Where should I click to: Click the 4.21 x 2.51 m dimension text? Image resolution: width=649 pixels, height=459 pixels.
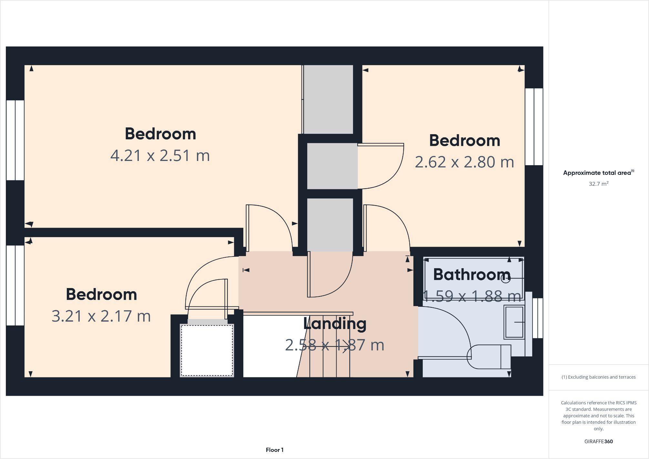pos(160,155)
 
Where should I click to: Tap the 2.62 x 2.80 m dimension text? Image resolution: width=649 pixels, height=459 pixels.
pos(464,162)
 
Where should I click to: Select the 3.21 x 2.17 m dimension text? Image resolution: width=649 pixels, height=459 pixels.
pos(101,316)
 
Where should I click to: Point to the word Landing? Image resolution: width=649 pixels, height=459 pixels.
pos(335,324)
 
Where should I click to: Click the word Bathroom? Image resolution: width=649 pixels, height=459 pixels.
pos(472,274)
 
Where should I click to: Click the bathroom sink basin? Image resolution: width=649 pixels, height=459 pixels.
pos(514,322)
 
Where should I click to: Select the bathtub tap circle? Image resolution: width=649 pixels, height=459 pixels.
pos(506,278)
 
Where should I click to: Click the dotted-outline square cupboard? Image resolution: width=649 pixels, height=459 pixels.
pos(207,350)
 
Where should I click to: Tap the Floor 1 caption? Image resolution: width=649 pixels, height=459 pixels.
pos(275,450)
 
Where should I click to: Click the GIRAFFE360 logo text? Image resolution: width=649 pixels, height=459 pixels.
pos(599,442)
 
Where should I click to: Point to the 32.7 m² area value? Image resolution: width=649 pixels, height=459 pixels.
pos(599,184)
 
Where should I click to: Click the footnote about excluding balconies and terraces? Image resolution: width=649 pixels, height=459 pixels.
pos(599,377)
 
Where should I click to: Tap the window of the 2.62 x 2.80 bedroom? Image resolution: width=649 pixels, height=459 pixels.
pos(534,127)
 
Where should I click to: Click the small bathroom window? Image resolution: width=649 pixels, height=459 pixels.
pos(538,318)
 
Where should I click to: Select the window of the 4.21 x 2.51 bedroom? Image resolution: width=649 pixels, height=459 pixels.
pos(15,140)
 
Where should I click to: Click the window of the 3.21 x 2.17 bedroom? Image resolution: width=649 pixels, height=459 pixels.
pos(15,285)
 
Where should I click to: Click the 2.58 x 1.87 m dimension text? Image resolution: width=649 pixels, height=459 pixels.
pos(335,345)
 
